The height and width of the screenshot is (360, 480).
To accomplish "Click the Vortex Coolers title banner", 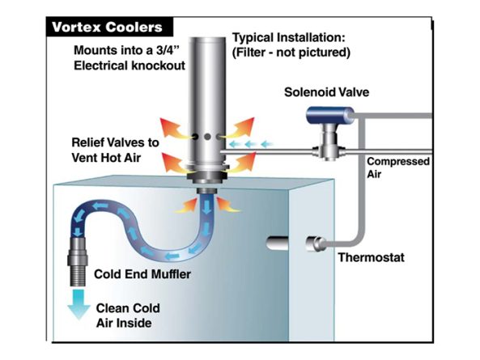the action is [109, 27].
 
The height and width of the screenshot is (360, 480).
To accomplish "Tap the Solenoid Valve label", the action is [327, 92].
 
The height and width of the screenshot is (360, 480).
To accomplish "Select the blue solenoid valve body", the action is [330, 116].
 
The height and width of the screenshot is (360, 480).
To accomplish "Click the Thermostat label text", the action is [371, 257].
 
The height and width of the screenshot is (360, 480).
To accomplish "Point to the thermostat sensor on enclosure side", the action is [316, 244].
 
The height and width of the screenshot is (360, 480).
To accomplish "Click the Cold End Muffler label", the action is [142, 274].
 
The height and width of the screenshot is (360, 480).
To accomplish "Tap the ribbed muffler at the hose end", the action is [77, 261].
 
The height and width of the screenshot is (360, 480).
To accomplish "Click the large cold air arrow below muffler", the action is [79, 304].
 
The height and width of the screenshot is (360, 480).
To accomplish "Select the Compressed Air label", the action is [398, 167].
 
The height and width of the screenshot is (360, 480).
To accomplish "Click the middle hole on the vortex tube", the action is [207, 137].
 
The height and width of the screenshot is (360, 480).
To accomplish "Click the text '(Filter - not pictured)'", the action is [291, 53].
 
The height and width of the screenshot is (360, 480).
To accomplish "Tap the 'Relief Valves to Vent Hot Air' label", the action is [115, 150].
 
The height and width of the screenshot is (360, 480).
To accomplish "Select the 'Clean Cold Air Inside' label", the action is [128, 316].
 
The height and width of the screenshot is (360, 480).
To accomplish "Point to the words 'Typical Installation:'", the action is [289, 38].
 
